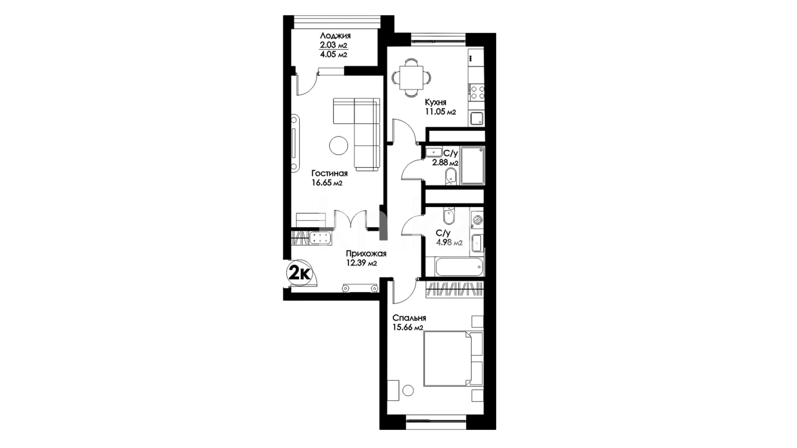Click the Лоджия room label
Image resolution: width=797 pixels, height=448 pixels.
pos(335,36)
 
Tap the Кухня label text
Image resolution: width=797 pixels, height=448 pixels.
pos(435,102)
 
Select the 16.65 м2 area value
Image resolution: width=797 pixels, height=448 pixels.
pos(327,183)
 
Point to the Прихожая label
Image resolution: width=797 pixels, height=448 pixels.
pos(366,254)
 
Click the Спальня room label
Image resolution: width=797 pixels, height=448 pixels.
pos(409,318)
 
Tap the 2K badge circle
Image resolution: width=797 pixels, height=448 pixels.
pos(300,273)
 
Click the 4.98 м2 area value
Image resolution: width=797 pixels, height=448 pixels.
pos(449,243)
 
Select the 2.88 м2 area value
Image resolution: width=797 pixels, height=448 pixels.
pos(445,163)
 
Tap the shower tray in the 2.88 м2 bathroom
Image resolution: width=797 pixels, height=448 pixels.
pos(472,165)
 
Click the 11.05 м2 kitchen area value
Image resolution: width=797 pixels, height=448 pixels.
pos(440,111)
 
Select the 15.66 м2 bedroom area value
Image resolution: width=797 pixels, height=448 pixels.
pos(408,328)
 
